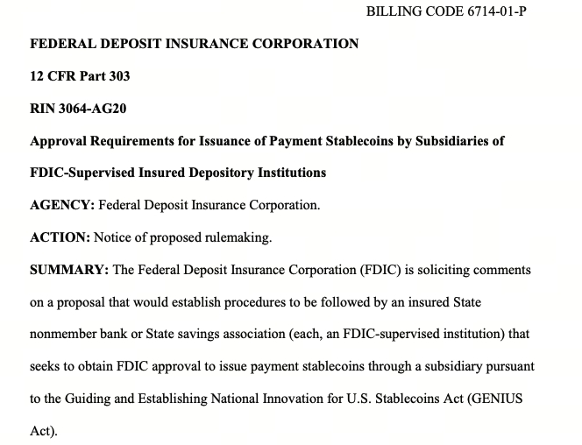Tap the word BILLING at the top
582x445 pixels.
pyautogui.click(x=392, y=11)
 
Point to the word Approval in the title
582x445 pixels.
pyautogui.click(x=63, y=141)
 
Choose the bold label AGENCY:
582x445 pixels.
pyautogui.click(x=62, y=206)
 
